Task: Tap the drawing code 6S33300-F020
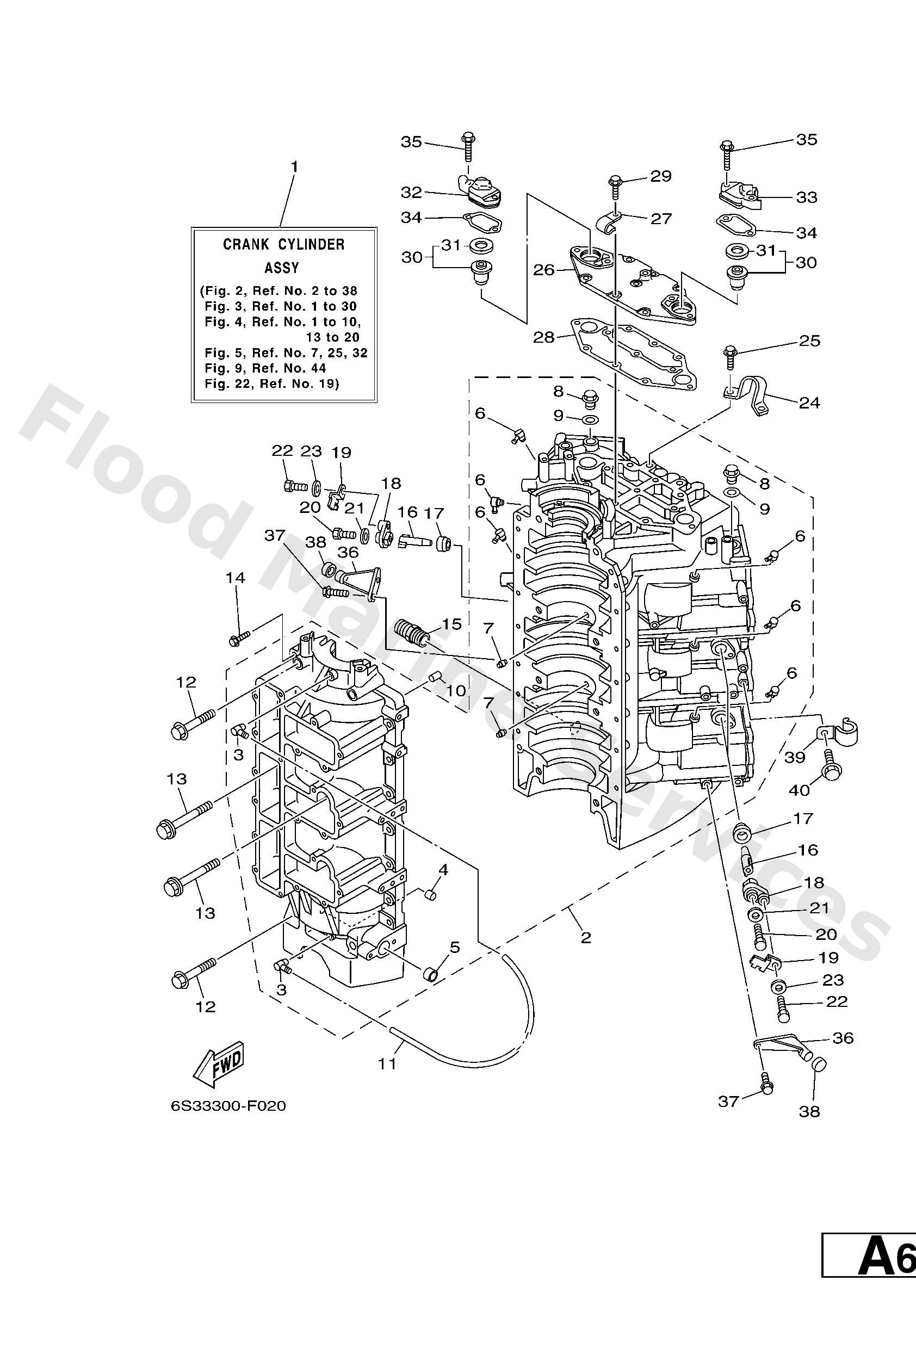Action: point(228,1106)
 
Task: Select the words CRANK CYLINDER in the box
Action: point(284,244)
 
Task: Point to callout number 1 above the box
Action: point(294,166)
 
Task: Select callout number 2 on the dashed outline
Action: point(586,937)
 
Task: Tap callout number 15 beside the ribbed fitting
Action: point(451,624)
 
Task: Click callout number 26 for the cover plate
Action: point(544,270)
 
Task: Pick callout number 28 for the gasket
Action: point(544,337)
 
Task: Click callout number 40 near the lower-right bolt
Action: point(799,791)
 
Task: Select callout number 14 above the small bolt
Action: point(236,578)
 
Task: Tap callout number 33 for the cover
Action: point(806,197)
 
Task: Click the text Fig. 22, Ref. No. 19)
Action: point(271,383)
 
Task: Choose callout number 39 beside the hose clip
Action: point(795,757)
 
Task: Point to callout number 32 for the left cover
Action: point(411,191)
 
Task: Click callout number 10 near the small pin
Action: point(456,691)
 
